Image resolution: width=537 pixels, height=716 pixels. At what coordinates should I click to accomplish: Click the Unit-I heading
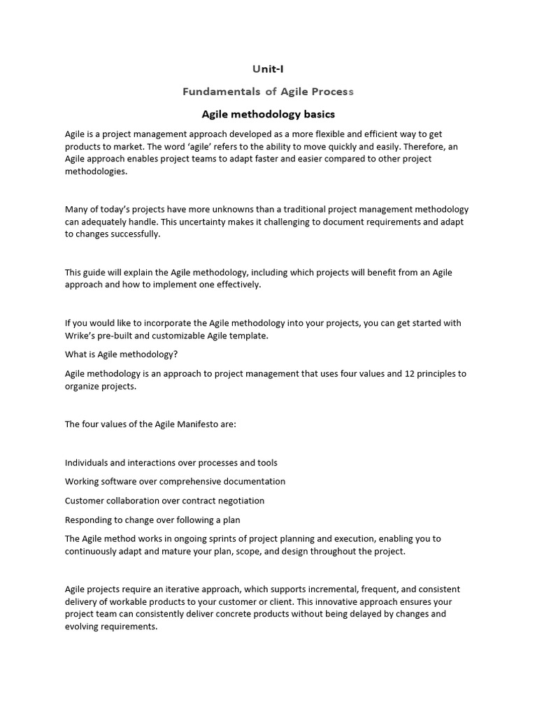pyautogui.click(x=268, y=69)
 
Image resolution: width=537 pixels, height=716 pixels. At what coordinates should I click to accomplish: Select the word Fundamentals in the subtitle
pyautogui.click(x=212, y=92)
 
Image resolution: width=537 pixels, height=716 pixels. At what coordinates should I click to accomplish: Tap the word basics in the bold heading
pyautogui.click(x=315, y=114)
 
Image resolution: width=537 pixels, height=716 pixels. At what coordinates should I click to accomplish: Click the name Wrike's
pyautogui.click(x=80, y=336)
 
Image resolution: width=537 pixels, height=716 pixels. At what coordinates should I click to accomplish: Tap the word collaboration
pyautogui.click(x=131, y=501)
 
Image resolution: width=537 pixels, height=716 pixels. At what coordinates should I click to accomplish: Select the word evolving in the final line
pyautogui.click(x=83, y=626)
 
